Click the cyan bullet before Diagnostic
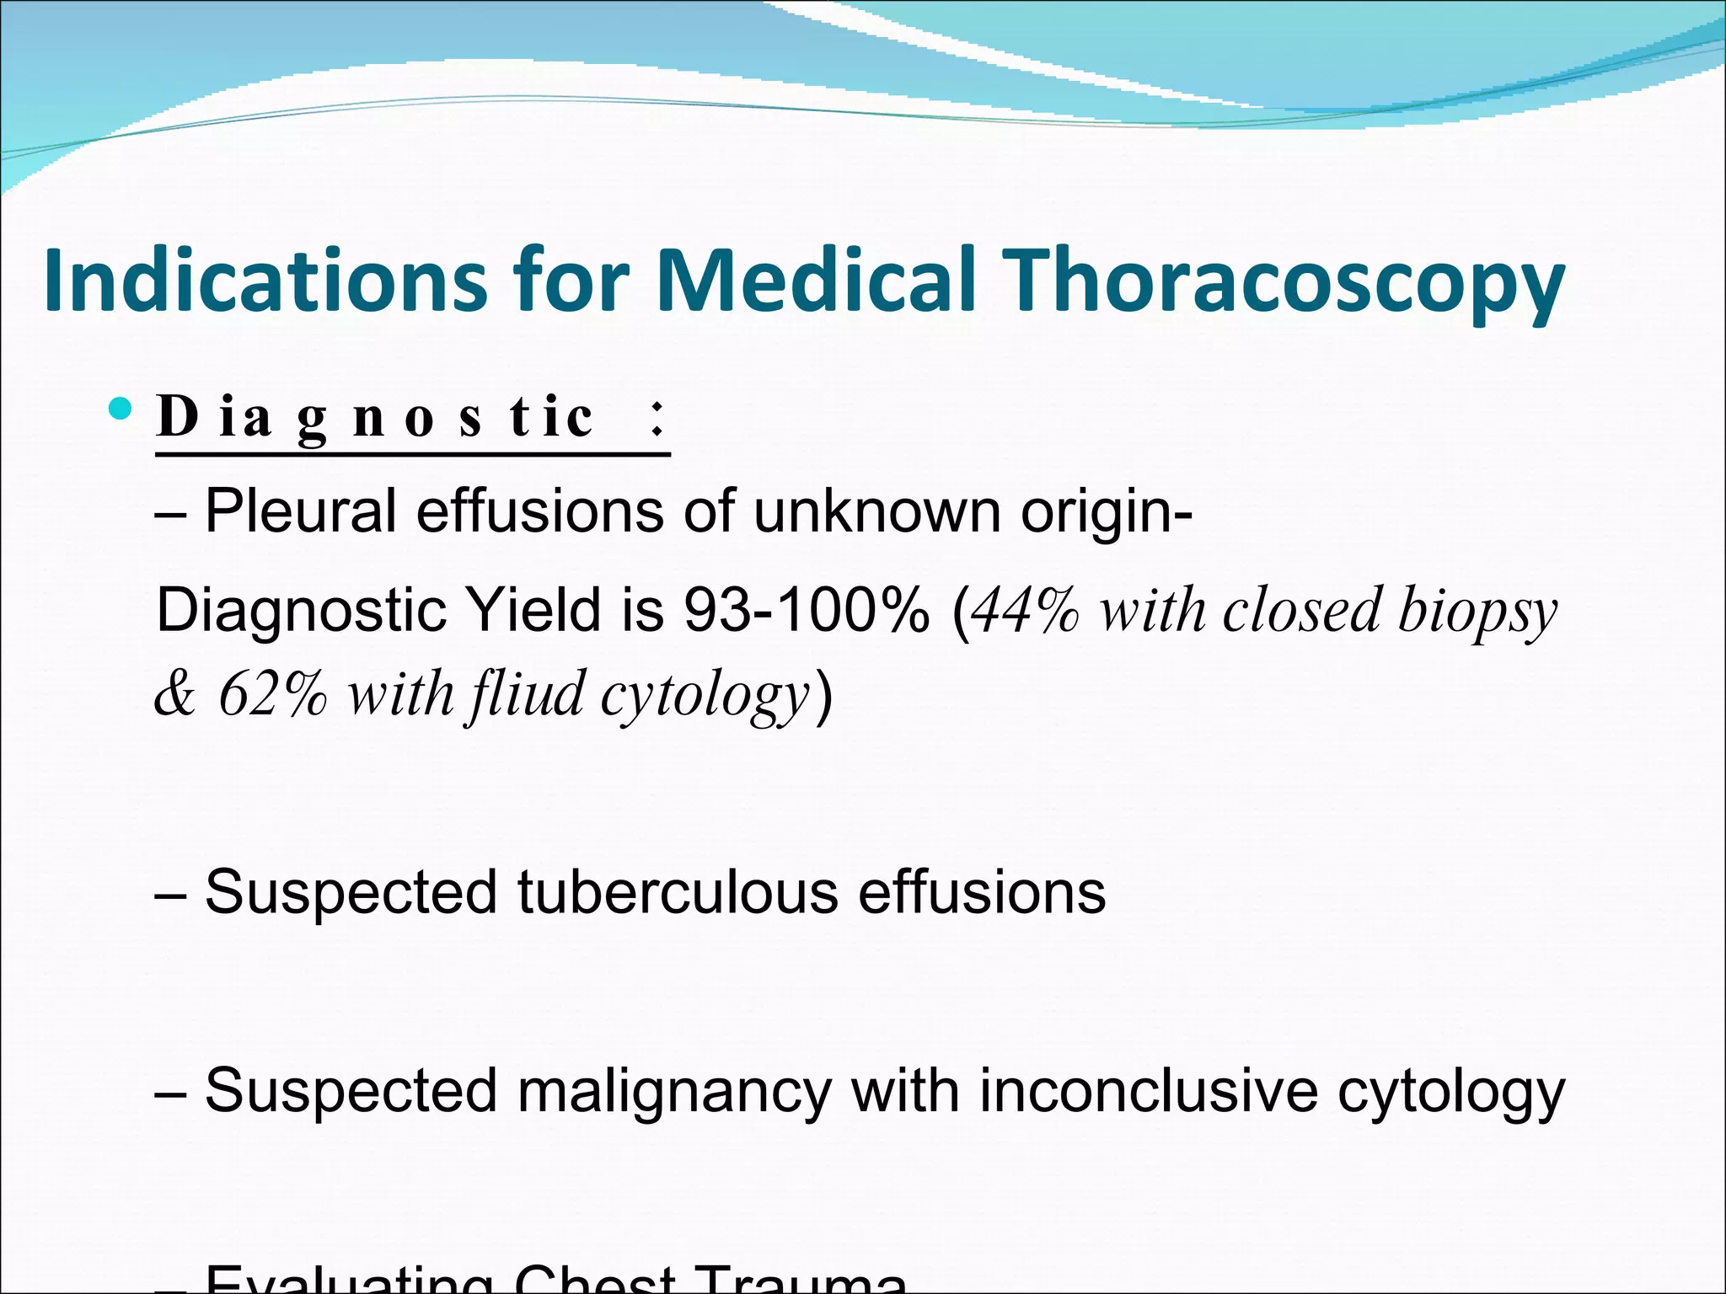pos(121,410)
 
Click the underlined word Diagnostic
pos(376,417)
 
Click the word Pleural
pos(300,511)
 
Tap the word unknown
pos(876,511)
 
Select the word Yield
pos(536,610)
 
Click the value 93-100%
pos(807,610)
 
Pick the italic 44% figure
pos(1025,610)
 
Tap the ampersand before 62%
pos(175,696)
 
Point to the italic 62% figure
pos(272,696)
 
